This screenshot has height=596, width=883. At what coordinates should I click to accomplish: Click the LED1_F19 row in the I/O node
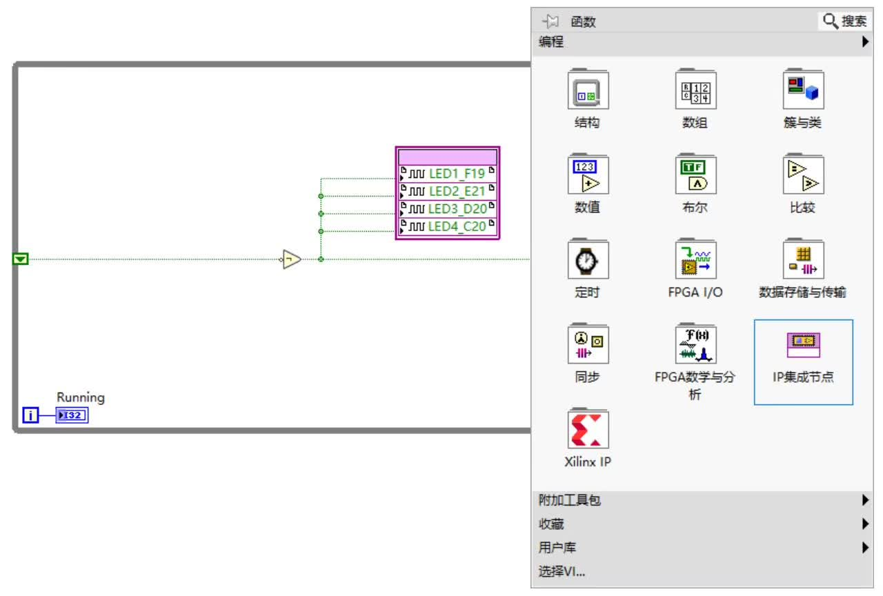(448, 173)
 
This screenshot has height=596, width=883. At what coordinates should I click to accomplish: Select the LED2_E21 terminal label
(457, 191)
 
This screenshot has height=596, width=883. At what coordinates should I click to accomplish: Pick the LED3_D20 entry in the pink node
(448, 208)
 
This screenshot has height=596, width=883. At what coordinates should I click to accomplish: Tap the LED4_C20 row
(448, 226)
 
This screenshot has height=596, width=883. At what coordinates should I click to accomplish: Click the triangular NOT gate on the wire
(291, 259)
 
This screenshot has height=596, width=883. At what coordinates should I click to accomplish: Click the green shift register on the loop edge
(21, 259)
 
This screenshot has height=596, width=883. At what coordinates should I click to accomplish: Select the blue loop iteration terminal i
(30, 415)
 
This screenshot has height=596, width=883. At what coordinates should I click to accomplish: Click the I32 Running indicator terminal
(72, 415)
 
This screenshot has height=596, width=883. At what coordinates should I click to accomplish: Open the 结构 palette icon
(588, 90)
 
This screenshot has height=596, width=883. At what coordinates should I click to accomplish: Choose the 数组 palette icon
(696, 90)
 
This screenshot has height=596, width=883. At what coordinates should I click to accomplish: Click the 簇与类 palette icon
(804, 90)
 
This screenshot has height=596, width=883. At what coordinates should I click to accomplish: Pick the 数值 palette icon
(588, 175)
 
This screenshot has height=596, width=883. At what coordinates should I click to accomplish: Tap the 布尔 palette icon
(696, 175)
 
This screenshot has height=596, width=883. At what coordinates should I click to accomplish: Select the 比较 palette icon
(804, 175)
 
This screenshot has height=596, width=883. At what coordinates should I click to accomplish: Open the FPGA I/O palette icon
(696, 259)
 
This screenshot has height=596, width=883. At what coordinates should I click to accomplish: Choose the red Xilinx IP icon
(588, 428)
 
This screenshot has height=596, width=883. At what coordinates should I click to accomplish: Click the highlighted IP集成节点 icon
(804, 345)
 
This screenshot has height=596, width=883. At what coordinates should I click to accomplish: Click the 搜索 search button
(845, 21)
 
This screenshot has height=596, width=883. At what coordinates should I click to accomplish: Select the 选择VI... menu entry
(562, 571)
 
